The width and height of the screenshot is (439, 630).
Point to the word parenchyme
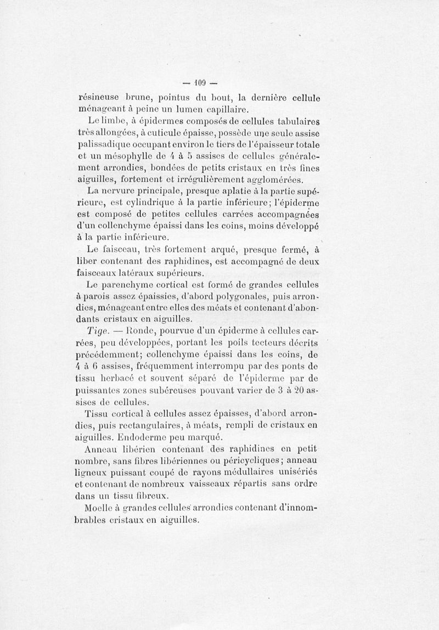[127, 285]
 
